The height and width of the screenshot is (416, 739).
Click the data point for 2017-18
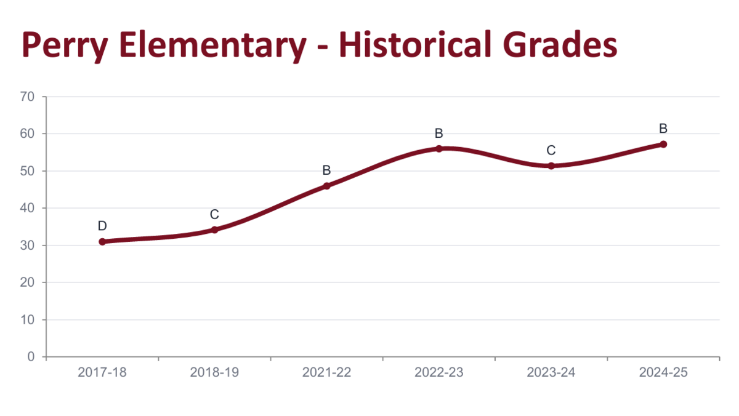(x=102, y=241)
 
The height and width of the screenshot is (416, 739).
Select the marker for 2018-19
(x=214, y=230)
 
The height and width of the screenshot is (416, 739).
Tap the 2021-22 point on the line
(x=326, y=186)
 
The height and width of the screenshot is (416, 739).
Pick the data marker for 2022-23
(x=439, y=148)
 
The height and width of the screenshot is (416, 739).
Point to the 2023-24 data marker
(x=551, y=166)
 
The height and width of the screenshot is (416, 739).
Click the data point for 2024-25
(x=663, y=144)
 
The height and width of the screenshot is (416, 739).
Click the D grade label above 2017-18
(x=102, y=226)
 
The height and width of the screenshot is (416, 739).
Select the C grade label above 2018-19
(x=214, y=214)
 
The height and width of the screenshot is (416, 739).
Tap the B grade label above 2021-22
(x=326, y=170)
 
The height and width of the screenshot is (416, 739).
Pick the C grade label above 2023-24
(x=551, y=150)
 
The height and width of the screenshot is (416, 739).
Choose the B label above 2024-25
(x=663, y=129)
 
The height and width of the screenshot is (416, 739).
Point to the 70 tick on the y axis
(x=28, y=97)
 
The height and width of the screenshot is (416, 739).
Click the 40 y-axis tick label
(x=28, y=208)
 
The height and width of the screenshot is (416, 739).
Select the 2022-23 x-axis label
(x=439, y=372)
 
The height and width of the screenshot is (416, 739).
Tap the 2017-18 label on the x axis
(x=102, y=372)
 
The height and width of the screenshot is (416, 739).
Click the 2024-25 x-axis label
(x=663, y=372)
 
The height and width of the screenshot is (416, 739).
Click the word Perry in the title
(x=67, y=47)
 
